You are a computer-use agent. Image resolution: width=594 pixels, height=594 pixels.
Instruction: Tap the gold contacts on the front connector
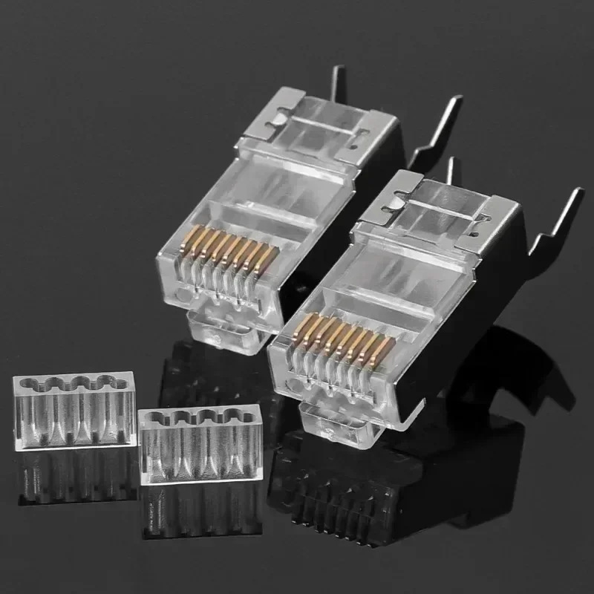[x=343, y=339]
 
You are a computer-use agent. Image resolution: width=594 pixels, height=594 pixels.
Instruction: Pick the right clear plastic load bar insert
[x=200, y=438]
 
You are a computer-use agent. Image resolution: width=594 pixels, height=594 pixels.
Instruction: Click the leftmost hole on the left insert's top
[x=29, y=384]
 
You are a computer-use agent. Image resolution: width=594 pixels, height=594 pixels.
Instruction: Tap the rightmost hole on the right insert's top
[x=244, y=415]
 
